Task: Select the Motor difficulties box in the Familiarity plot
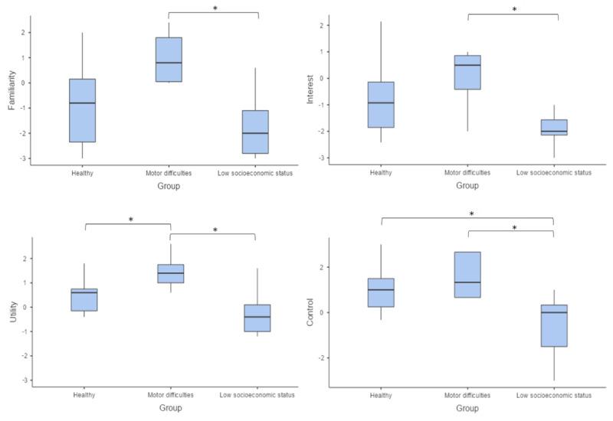169,59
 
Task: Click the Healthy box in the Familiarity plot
83,110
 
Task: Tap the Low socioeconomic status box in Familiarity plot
255,132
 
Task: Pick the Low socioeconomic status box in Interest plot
554,127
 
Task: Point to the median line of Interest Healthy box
380,103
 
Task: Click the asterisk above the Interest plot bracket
513,11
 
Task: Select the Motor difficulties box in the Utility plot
170,273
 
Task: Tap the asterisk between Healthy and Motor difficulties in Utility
130,220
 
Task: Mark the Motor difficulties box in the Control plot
467,274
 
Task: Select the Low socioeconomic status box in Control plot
554,325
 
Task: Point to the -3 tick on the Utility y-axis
25,380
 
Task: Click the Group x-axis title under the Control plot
467,409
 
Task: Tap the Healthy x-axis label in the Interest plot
381,173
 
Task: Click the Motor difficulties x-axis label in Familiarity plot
169,173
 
